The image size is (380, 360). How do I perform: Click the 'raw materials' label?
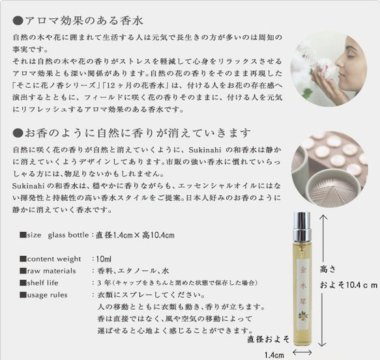[x=49, y=271]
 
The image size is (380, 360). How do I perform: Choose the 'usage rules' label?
[x=47, y=295]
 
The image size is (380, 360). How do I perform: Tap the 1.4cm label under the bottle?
[x=274, y=354]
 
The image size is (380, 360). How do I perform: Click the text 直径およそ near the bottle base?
[x=269, y=339]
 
